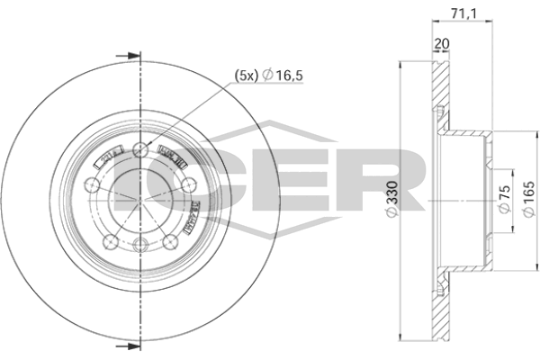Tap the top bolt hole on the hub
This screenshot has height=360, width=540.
click(139, 149)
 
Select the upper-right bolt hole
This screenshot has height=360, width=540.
click(187, 184)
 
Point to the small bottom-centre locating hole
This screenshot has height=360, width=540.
click(139, 245)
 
